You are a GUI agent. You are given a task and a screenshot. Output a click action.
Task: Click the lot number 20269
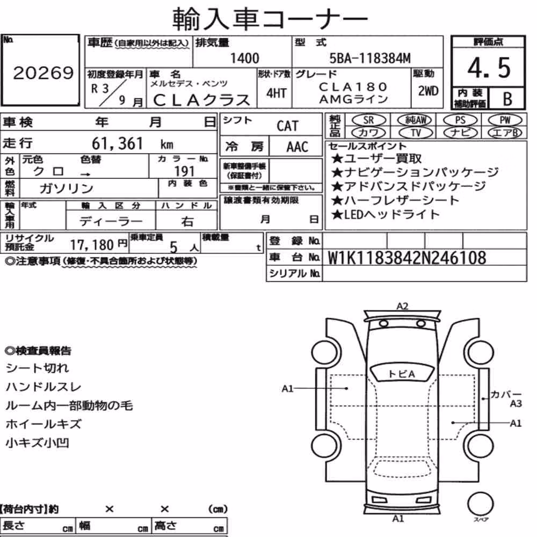point(43,72)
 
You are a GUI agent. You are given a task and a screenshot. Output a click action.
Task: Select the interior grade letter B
point(507,99)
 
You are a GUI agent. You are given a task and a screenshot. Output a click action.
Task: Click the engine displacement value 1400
point(244,58)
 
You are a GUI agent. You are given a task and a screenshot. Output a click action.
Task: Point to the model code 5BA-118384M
point(370,59)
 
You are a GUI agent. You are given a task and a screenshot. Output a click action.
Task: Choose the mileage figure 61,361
point(117,143)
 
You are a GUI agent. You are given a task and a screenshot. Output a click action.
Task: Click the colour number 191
point(184,171)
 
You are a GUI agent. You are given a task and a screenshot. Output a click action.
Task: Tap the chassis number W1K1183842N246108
point(407,258)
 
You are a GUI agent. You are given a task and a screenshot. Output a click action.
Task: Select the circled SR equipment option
point(368,120)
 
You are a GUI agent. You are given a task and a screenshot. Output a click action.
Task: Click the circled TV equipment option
point(416,133)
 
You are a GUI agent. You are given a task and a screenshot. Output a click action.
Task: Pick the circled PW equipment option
point(505,120)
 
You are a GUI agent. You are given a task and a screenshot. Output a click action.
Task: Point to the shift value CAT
point(287,126)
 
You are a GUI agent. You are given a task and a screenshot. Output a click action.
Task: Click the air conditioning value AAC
point(297,147)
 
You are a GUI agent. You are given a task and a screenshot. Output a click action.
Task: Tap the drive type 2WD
point(428,91)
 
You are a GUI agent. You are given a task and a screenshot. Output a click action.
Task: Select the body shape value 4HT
point(276,93)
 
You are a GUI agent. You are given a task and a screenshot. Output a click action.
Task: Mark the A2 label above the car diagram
point(402,306)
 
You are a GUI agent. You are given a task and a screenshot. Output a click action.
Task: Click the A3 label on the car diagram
point(516,404)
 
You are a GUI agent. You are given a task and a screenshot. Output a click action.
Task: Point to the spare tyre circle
point(480,504)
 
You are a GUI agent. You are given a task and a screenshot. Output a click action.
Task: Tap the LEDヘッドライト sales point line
point(385,215)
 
